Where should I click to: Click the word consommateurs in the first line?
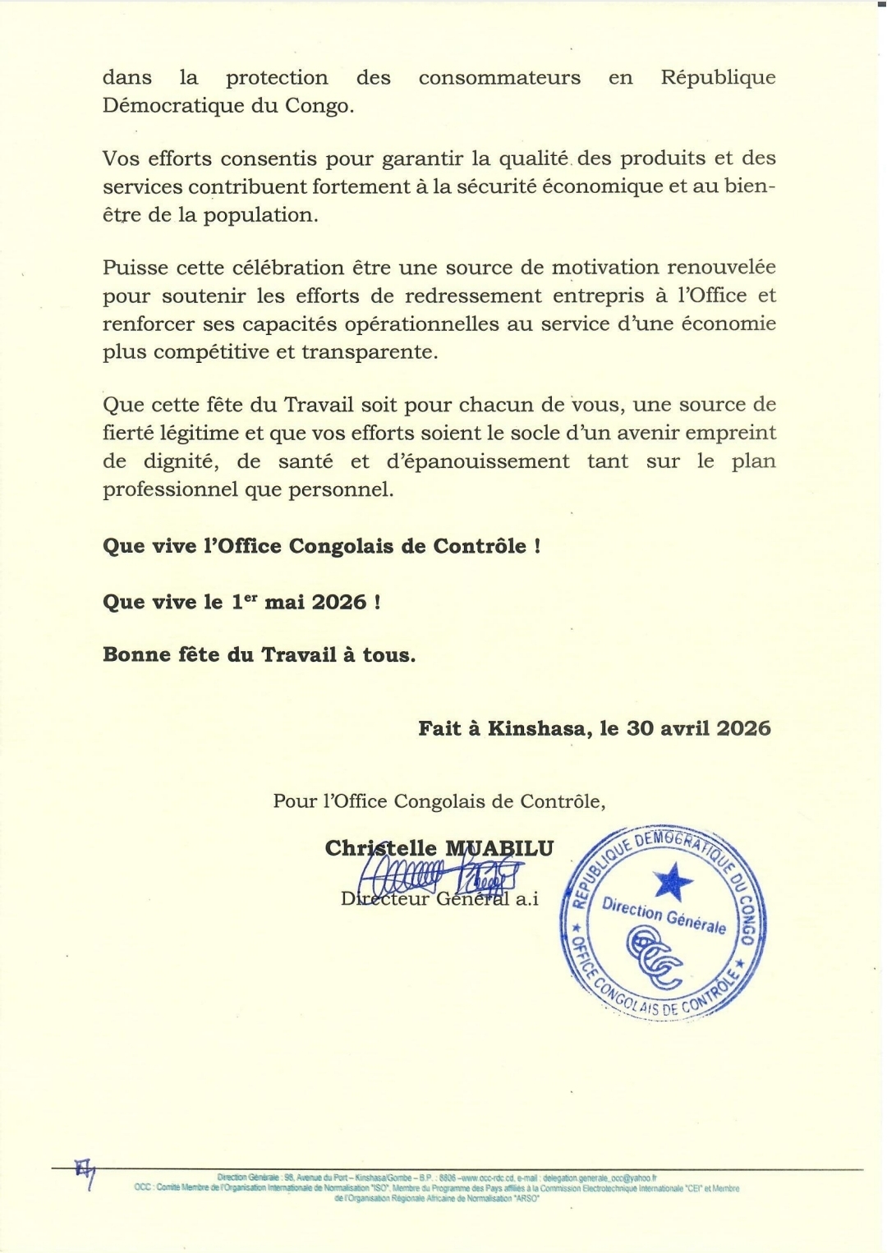(x=499, y=78)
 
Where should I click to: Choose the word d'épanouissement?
(x=478, y=461)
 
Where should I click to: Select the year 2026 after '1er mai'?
(x=339, y=602)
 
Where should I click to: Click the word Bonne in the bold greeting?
(x=135, y=654)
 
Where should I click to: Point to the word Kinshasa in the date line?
(x=538, y=728)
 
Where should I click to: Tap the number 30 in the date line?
(x=641, y=728)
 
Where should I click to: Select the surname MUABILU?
(x=499, y=848)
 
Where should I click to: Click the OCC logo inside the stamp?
(x=654, y=955)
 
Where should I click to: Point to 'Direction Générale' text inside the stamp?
(x=664, y=915)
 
